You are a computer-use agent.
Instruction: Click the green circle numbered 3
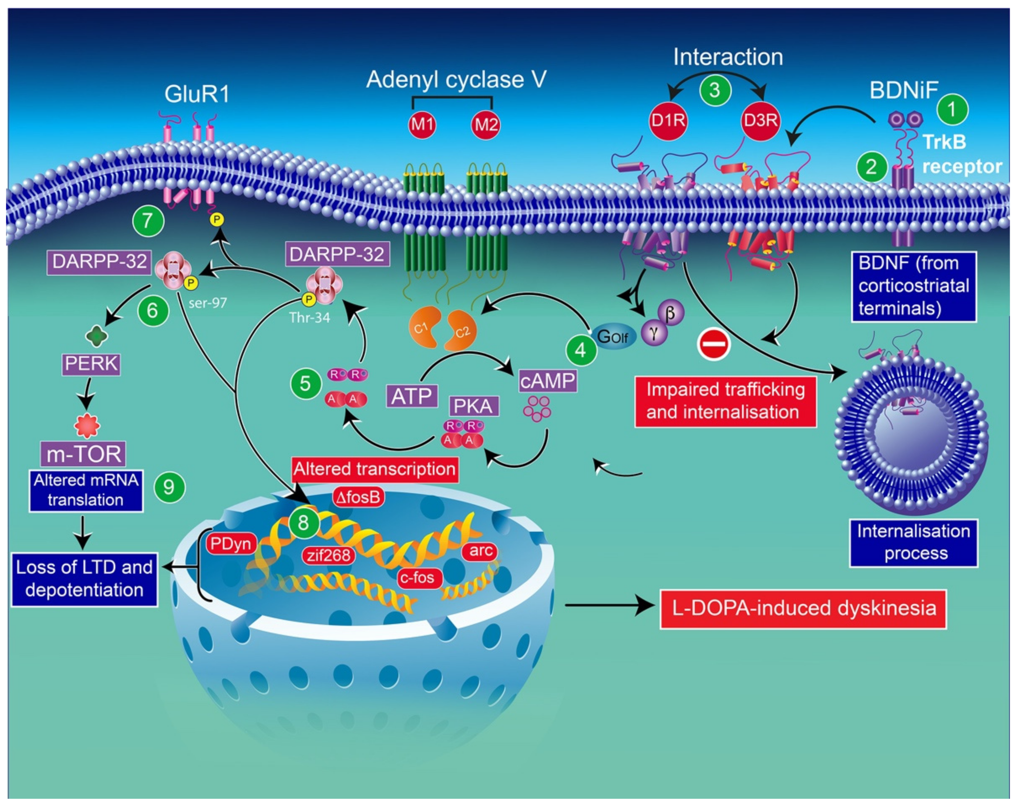point(715,90)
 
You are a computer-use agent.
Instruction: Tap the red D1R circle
point(668,121)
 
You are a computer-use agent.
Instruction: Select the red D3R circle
point(760,121)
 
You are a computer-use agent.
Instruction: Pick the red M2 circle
point(486,125)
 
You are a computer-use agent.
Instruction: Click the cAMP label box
point(548,381)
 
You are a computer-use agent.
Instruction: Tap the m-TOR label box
point(83,454)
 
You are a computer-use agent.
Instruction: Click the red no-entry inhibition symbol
point(714,344)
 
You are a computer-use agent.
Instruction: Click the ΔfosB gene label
point(358,497)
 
